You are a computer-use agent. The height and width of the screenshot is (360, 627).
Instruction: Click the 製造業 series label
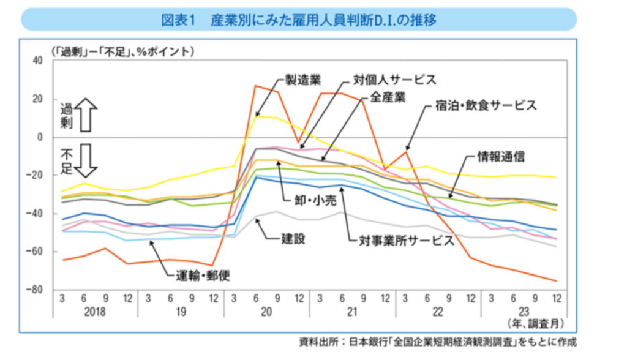click(303, 80)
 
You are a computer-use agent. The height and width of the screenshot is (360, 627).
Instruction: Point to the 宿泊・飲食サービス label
click(482, 106)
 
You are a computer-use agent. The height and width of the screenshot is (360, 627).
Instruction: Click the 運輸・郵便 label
click(199, 275)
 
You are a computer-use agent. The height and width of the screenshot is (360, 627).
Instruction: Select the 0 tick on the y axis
click(40, 137)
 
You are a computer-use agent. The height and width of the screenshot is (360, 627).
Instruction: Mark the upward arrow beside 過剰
click(85, 116)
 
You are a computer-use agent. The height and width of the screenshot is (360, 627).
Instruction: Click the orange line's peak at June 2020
click(255, 86)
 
